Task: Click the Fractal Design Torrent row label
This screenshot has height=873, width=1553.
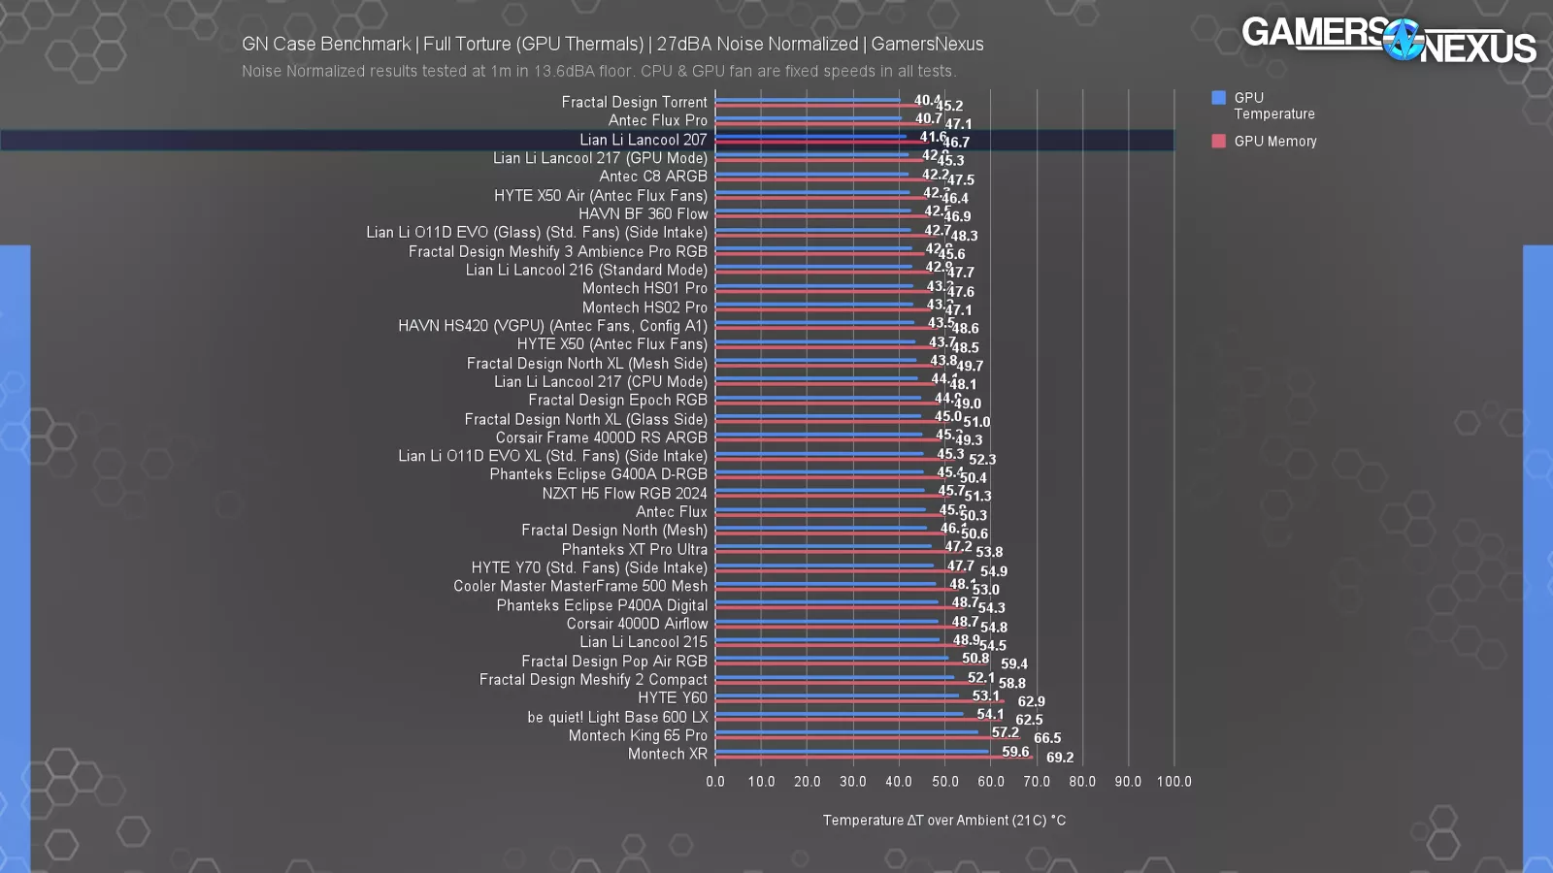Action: [x=634, y=102]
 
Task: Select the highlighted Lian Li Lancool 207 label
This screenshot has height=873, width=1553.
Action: [x=643, y=140]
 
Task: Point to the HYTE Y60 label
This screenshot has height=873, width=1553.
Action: [x=672, y=697]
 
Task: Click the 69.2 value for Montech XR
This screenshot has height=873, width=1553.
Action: [x=1059, y=758]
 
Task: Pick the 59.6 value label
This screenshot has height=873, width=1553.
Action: [x=1015, y=752]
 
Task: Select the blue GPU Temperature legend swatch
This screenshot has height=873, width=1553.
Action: [x=1218, y=98]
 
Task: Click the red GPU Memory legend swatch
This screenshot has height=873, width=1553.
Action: [x=1218, y=142]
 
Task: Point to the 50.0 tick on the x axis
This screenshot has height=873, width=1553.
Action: [x=944, y=782]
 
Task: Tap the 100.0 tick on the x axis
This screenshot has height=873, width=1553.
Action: [x=1173, y=782]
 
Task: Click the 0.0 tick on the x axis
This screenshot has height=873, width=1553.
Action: [x=715, y=782]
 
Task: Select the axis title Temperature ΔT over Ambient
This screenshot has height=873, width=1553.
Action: [x=943, y=821]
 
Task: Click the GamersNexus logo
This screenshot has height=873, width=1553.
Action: [x=1388, y=40]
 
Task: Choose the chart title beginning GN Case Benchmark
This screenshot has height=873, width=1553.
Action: [x=612, y=44]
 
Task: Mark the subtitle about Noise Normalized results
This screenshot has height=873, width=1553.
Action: [x=599, y=71]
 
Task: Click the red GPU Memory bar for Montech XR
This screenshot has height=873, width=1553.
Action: [x=874, y=758]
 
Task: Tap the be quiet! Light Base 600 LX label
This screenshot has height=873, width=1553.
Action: [x=617, y=717]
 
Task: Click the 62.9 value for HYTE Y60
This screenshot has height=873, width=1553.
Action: [x=1031, y=701]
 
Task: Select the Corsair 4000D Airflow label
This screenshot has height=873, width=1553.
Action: [x=637, y=624]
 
